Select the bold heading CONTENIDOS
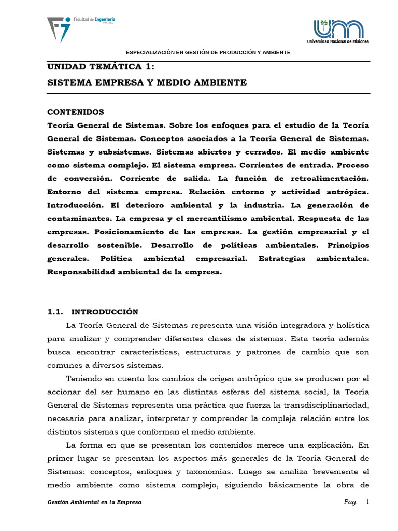pyautogui.click(x=76, y=112)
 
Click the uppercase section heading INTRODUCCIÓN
pyautogui.click(x=105, y=312)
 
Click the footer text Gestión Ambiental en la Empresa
pyautogui.click(x=94, y=502)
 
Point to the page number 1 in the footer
pyautogui.click(x=367, y=502)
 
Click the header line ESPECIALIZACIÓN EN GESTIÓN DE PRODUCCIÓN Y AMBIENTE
pyautogui.click(x=209, y=53)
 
